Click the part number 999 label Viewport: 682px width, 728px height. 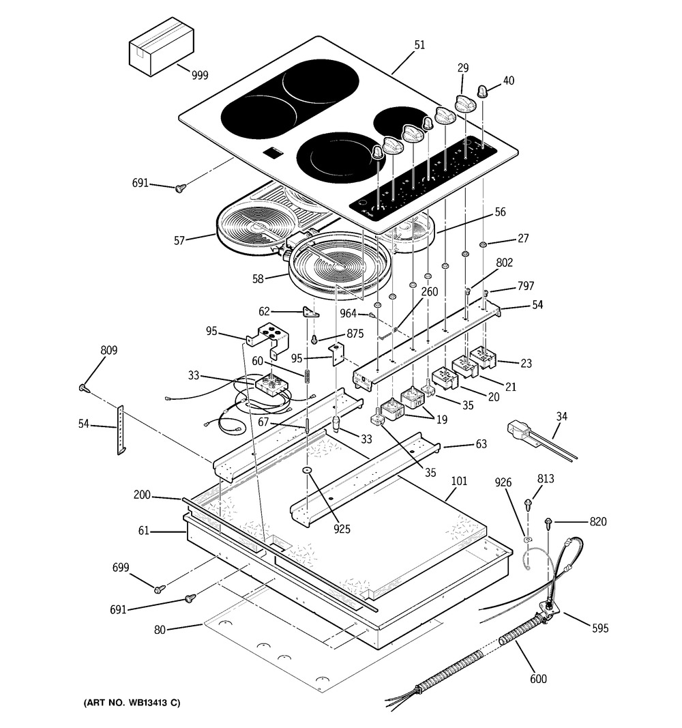tap(200, 75)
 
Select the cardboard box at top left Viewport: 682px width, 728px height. tap(161, 46)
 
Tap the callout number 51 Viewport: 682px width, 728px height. tap(419, 45)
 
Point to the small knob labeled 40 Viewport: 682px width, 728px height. tap(483, 91)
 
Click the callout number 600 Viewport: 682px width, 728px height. tap(538, 679)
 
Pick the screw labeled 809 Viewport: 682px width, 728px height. tap(83, 388)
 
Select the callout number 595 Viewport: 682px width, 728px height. tap(600, 628)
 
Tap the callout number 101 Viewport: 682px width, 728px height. tap(459, 481)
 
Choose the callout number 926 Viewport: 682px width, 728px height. tap(503, 482)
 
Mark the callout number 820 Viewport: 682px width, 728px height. tap(598, 521)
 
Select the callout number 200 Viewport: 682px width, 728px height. tap(142, 495)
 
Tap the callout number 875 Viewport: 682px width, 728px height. tap(355, 334)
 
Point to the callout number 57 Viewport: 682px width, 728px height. tap(179, 240)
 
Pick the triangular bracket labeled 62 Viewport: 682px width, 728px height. tap(311, 312)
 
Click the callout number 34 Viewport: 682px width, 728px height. tap(561, 416)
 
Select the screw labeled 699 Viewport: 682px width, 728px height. tap(160, 589)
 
